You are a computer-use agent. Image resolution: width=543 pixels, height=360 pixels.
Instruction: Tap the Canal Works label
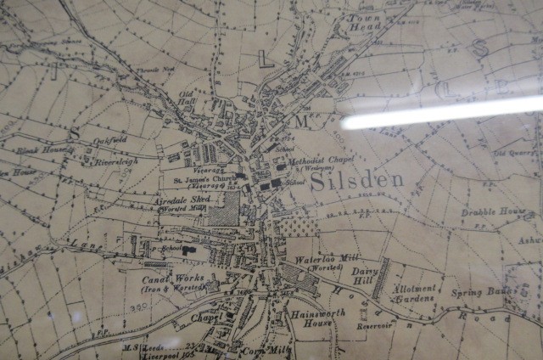pyautogui.click(x=167, y=278)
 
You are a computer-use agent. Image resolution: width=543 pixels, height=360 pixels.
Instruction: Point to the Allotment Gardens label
pyautogui.click(x=415, y=293)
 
